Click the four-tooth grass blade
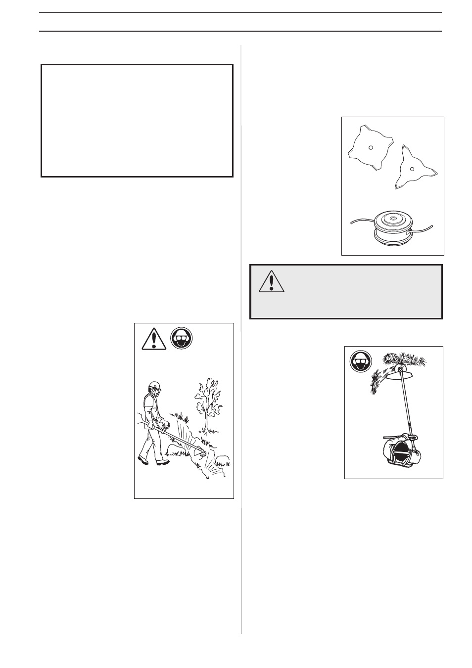(371, 148)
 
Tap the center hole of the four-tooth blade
(371, 147)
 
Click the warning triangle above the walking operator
(153, 340)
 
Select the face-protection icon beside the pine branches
(361, 362)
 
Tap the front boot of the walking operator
(162, 462)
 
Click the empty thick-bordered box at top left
(137, 120)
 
